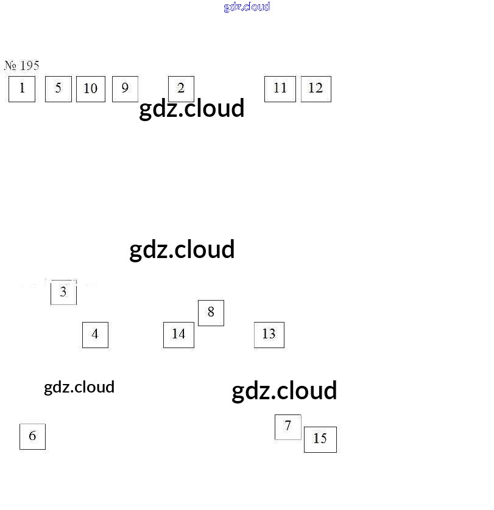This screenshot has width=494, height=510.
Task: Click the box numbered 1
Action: (x=22, y=89)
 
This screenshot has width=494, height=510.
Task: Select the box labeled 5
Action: (x=58, y=89)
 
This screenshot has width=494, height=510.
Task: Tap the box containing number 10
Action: (x=91, y=89)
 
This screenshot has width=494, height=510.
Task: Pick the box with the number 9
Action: (x=125, y=89)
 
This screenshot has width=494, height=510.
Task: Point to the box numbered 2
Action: (x=181, y=88)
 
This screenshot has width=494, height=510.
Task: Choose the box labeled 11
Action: (x=280, y=89)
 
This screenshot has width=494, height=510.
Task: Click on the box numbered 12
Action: (x=316, y=89)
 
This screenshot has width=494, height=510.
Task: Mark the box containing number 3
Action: (x=63, y=292)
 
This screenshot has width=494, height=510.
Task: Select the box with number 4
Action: (x=95, y=335)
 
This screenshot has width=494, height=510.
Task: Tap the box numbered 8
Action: (x=211, y=313)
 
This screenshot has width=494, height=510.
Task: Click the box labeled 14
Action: (x=178, y=335)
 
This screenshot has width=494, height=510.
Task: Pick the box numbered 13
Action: (x=269, y=335)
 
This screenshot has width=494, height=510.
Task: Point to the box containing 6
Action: (x=32, y=436)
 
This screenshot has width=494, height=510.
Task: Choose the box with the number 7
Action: (x=288, y=427)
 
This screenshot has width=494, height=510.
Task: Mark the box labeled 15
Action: (x=320, y=439)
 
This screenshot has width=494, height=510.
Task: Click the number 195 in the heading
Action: (x=29, y=66)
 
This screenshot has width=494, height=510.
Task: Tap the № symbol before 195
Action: (x=10, y=66)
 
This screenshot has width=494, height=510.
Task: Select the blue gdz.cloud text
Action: (x=247, y=7)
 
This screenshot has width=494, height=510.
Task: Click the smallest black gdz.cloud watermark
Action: (x=79, y=387)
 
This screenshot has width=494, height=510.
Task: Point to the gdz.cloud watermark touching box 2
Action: (x=192, y=109)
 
